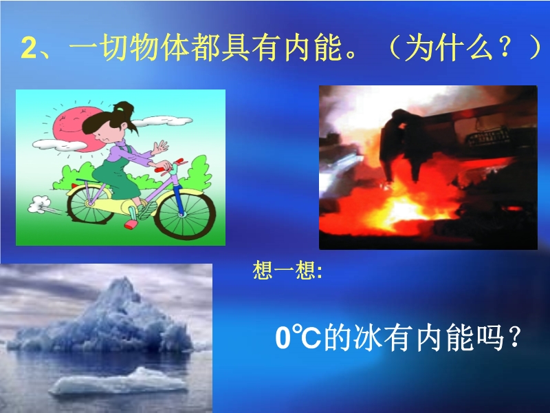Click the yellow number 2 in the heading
29,48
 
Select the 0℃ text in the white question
298,338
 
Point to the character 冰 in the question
367,338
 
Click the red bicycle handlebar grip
163,169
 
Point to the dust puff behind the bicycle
38,204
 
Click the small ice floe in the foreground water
118,383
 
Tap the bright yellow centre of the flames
404,210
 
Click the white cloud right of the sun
162,121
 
